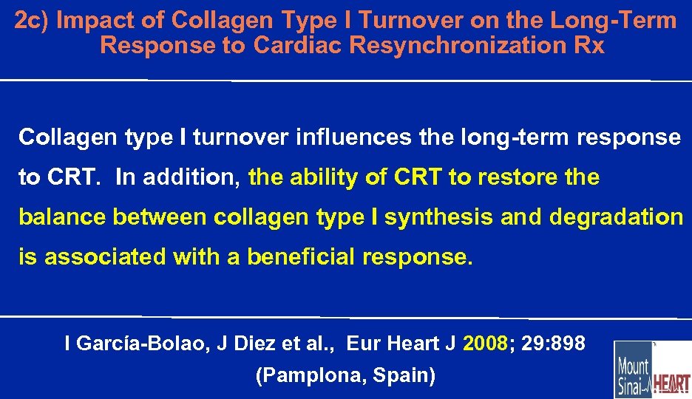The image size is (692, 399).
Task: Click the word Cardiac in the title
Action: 298,46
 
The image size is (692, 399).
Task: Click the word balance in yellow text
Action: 63,218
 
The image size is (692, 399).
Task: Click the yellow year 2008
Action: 485,344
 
